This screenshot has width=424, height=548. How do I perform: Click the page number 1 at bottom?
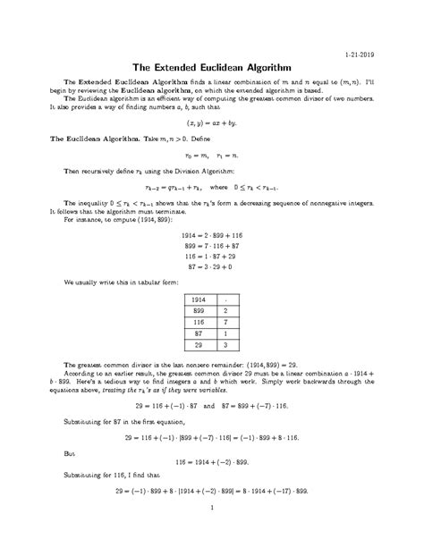coord(212,535)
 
